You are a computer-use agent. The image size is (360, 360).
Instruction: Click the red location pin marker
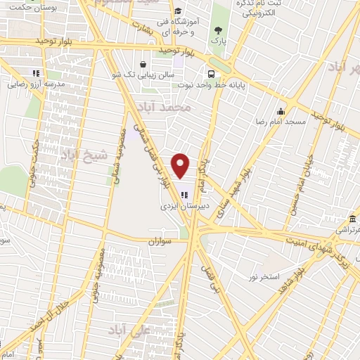coord(181,166)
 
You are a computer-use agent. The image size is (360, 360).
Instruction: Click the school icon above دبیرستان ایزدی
coord(184,195)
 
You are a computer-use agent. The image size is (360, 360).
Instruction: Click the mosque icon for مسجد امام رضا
coord(281,111)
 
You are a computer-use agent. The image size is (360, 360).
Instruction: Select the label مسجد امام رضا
coord(281,122)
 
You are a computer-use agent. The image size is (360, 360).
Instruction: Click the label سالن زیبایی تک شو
coord(138,73)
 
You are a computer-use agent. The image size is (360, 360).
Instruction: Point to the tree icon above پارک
coord(219,30)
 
